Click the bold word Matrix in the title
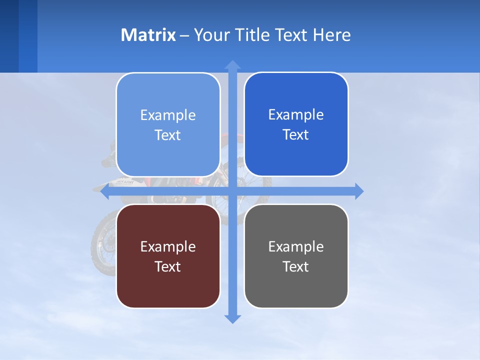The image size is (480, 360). [x=148, y=35]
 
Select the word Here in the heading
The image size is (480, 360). [x=332, y=35]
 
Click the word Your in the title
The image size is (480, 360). [x=210, y=35]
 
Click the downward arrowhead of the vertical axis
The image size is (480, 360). [x=232, y=318]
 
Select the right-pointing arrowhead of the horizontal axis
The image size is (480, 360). [x=358, y=191]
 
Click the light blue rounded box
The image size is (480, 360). [x=168, y=124]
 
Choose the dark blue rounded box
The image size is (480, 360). [x=296, y=124]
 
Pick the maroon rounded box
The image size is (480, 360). [x=168, y=256]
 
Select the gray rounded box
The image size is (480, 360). [x=296, y=256]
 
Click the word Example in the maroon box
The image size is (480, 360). [x=167, y=246]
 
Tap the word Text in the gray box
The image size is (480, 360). [x=295, y=266]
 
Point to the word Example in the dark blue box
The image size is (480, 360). [x=295, y=115]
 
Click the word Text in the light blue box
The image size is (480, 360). [x=167, y=135]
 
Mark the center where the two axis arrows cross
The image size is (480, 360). [x=232, y=191]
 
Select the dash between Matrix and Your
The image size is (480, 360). [x=184, y=35]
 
